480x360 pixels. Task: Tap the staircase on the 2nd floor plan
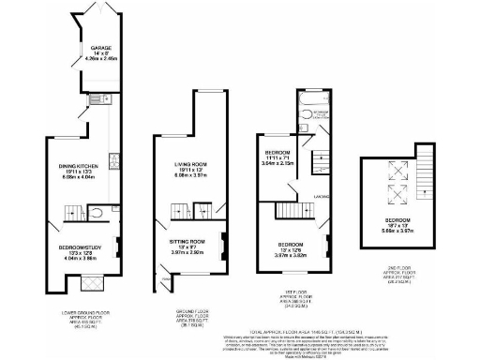429,166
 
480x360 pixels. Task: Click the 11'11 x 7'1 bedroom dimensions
286,158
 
